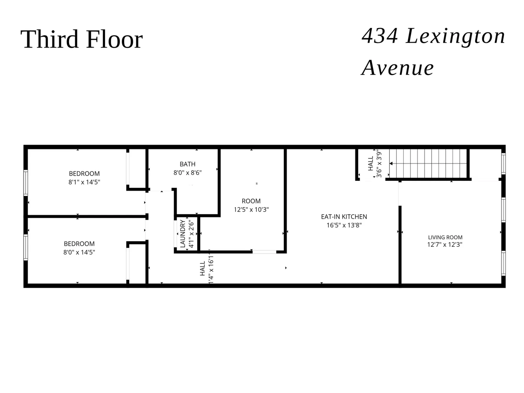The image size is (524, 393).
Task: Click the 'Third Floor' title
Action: tap(81, 39)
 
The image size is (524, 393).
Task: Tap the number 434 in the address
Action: tap(379, 36)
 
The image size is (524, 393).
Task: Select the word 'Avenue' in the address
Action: tap(397, 68)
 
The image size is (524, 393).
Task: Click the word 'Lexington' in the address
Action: tap(455, 36)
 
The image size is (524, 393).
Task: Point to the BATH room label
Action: tap(188, 164)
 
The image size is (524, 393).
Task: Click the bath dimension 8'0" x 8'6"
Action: tap(188, 173)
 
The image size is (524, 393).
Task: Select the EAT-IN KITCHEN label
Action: tap(344, 217)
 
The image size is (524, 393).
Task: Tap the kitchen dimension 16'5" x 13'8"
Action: tap(344, 225)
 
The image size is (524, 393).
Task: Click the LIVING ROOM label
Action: tap(445, 237)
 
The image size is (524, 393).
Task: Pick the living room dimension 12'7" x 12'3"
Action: tap(445, 244)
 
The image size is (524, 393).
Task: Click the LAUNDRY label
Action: tap(183, 233)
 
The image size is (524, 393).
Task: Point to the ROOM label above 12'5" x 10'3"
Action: tap(251, 201)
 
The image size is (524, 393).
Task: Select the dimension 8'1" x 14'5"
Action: tap(84, 182)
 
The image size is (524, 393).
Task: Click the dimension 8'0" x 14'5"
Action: tap(79, 252)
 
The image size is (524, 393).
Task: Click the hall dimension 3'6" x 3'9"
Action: tap(379, 164)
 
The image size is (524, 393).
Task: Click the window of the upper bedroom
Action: tap(26, 183)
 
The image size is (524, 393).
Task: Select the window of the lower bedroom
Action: tap(26, 247)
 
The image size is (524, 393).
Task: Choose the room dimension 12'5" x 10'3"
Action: tap(251, 210)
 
